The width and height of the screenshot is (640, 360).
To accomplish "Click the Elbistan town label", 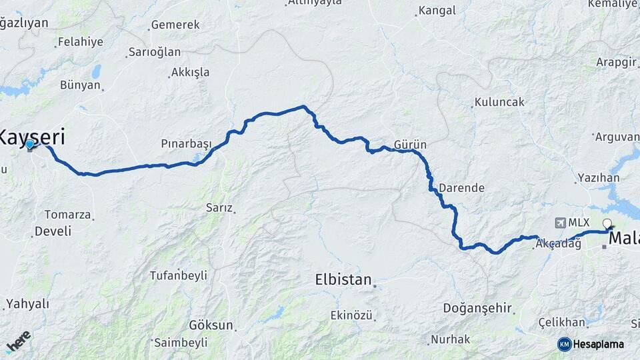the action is (x=343, y=280).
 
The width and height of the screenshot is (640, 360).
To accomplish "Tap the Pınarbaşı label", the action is (x=186, y=144).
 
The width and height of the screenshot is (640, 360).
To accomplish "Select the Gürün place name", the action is (x=410, y=145).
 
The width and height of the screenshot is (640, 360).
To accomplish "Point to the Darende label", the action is (x=461, y=188).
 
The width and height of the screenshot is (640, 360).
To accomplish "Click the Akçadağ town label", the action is (x=559, y=244).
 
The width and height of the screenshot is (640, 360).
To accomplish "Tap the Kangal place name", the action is (x=437, y=11).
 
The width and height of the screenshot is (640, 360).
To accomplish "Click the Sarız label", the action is (x=219, y=208).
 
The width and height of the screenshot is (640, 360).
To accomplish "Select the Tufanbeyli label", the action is (x=178, y=275).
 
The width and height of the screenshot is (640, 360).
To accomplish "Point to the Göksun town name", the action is (x=211, y=325).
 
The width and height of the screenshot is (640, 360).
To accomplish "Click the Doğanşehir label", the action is (x=478, y=308).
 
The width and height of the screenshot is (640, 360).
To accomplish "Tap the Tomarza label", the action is (x=67, y=215).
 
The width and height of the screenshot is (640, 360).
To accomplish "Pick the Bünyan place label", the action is (x=80, y=85).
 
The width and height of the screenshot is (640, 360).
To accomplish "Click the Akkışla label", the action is (x=190, y=72).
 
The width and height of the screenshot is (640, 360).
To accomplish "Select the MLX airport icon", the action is (x=559, y=223).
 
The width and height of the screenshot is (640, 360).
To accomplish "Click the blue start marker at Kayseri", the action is (x=30, y=144).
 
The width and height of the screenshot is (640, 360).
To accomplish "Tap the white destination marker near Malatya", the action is (x=607, y=223).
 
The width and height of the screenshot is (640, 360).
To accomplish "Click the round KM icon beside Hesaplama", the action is (x=564, y=344).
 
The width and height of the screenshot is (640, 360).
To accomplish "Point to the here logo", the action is (x=18, y=341).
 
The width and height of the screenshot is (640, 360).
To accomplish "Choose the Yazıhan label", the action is (x=600, y=177).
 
